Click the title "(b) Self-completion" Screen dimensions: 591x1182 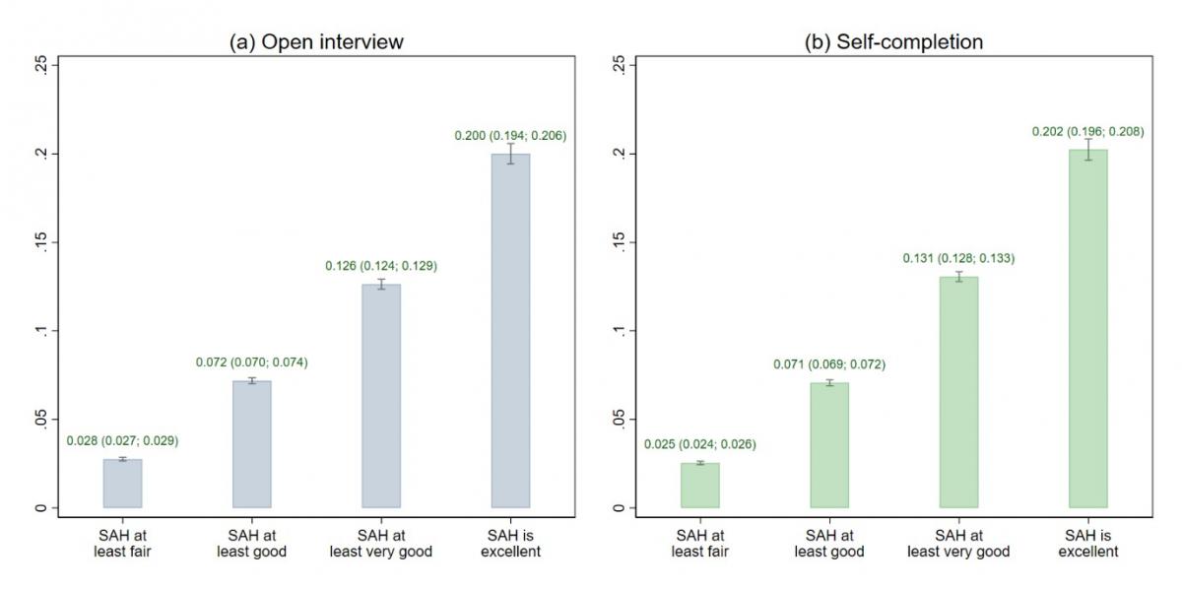pos(894,41)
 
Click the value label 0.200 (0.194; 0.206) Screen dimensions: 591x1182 pos(510,135)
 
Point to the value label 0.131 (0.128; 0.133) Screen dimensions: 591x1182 pos(958,258)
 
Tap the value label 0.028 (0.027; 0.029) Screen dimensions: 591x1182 pos(123,440)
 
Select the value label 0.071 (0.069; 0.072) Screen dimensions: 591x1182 pos(829,364)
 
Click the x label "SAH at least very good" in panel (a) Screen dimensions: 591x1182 pos(381,543)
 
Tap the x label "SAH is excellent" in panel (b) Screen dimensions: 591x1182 pos(1087,543)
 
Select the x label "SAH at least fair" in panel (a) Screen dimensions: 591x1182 pos(123,543)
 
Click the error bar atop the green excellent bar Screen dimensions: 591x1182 pos(1087,150)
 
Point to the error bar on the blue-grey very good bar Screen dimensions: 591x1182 pos(381,285)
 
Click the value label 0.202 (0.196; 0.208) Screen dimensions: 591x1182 pos(1087,131)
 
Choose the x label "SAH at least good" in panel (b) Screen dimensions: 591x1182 pos(829,543)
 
